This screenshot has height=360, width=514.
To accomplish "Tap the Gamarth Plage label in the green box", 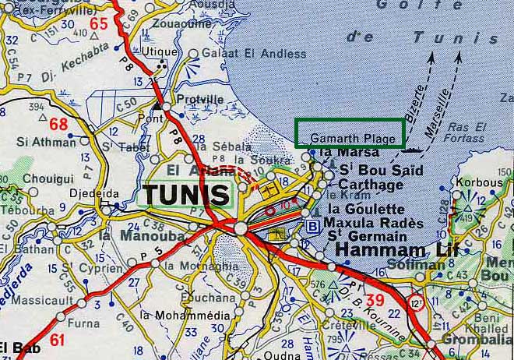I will [349, 138].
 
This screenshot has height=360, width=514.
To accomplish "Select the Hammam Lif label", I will [382, 251].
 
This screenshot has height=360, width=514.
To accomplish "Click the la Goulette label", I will [365, 210].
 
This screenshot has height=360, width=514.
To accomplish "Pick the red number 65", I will [98, 23].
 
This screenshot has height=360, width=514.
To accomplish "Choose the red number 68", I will [58, 124].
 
